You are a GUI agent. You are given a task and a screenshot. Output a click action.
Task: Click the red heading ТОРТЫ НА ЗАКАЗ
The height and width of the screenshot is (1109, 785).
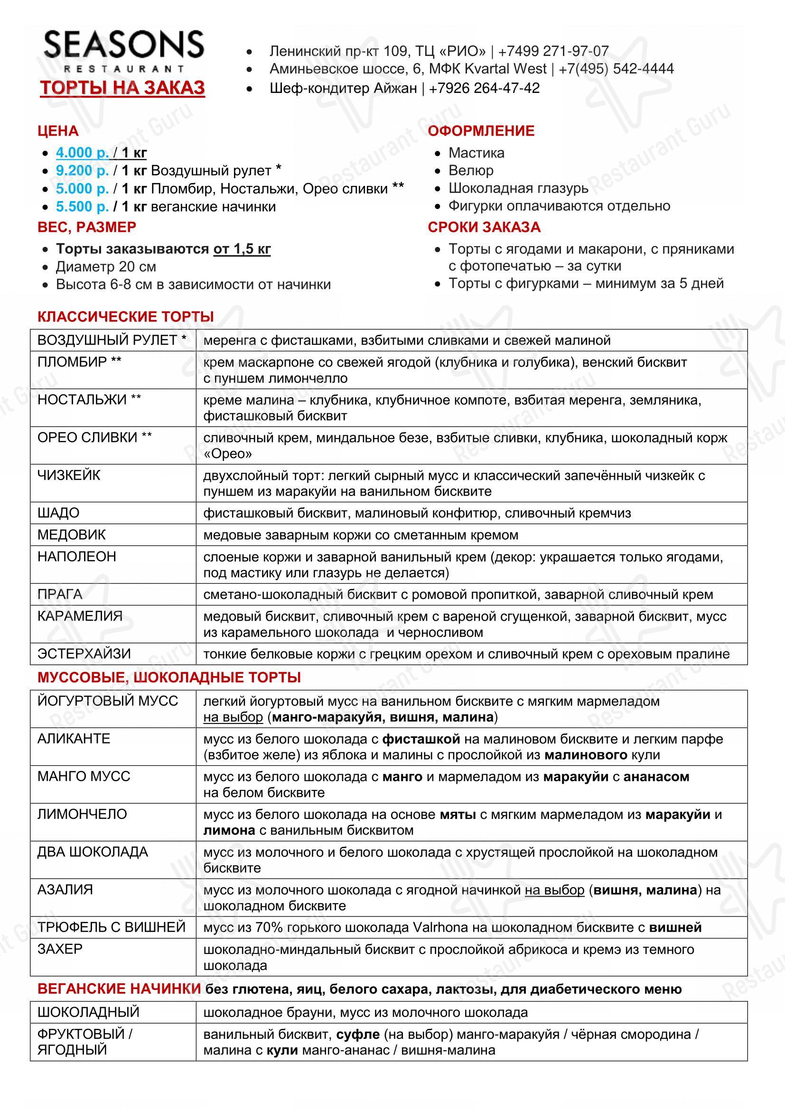[123, 88]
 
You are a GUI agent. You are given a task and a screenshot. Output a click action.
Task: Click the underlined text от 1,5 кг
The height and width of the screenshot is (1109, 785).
[242, 249]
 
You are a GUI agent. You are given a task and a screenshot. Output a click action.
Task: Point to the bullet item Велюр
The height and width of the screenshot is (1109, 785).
[471, 171]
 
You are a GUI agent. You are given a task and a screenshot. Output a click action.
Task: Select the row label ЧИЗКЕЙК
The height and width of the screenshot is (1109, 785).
[69, 475]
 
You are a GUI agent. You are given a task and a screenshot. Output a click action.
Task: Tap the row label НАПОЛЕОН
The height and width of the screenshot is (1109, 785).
[77, 557]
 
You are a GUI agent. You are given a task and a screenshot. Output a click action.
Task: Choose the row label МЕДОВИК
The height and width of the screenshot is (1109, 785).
[72, 535]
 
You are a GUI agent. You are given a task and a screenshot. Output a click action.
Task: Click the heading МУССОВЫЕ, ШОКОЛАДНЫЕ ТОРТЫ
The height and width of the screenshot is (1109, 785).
[169, 677]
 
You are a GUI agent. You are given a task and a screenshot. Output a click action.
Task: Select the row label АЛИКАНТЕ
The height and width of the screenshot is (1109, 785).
[74, 739]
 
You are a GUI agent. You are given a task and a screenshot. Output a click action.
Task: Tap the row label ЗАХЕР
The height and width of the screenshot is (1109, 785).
[60, 949]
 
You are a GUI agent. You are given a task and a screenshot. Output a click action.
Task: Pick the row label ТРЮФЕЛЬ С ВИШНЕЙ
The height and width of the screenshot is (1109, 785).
[112, 927]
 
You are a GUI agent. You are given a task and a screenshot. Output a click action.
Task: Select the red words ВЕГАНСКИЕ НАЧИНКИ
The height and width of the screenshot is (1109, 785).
[119, 989]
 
